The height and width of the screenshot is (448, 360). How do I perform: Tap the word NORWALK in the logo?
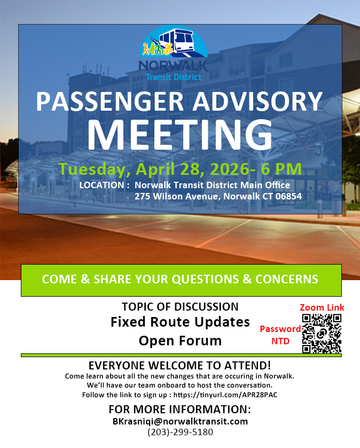click(x=173, y=65)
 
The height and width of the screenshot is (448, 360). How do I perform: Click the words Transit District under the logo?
click(x=173, y=77)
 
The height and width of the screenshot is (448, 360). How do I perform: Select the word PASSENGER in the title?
click(x=109, y=102)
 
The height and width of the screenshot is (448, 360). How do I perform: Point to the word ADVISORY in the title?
click(x=257, y=102)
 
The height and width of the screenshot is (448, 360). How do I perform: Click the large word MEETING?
click(x=180, y=135)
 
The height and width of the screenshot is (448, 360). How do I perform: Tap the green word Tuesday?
click(x=92, y=169)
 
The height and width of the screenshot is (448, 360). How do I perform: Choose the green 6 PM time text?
click(x=281, y=168)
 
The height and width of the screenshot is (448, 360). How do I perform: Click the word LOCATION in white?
click(x=101, y=185)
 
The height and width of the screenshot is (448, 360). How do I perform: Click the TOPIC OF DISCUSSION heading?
click(x=180, y=306)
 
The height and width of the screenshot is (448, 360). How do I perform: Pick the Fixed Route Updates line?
click(x=180, y=322)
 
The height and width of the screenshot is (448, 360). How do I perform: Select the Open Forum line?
click(x=180, y=341)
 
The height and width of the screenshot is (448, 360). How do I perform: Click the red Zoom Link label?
click(x=322, y=307)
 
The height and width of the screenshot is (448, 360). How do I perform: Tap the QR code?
click(x=322, y=334)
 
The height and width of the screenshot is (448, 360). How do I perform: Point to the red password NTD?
click(x=280, y=341)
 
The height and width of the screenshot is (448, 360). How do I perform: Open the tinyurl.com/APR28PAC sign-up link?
click(x=225, y=395)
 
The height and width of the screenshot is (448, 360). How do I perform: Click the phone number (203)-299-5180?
click(x=180, y=432)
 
